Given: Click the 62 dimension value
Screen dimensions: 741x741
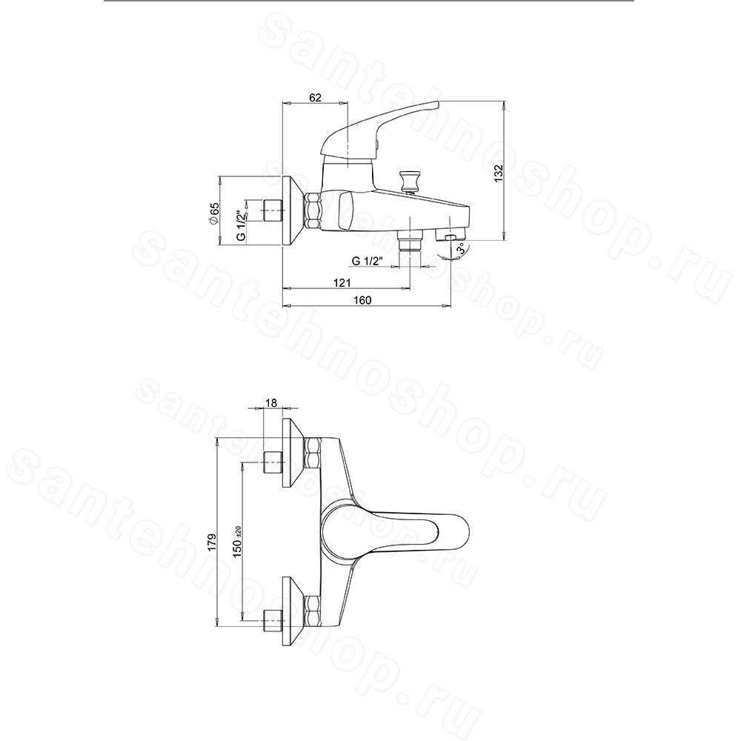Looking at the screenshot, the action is click(x=315, y=97).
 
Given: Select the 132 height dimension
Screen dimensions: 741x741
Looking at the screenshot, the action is click(x=499, y=173).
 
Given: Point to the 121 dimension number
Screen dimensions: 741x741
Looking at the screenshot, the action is click(x=342, y=282).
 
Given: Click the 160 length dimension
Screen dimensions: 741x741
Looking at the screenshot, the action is click(x=362, y=300).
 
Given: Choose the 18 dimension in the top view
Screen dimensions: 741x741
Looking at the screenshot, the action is click(x=271, y=402).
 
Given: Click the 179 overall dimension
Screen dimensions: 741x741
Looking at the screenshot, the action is click(x=212, y=541).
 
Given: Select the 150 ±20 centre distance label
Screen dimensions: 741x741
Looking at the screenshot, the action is click(x=237, y=541).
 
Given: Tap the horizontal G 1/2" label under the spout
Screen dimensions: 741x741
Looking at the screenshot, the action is click(x=367, y=261).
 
